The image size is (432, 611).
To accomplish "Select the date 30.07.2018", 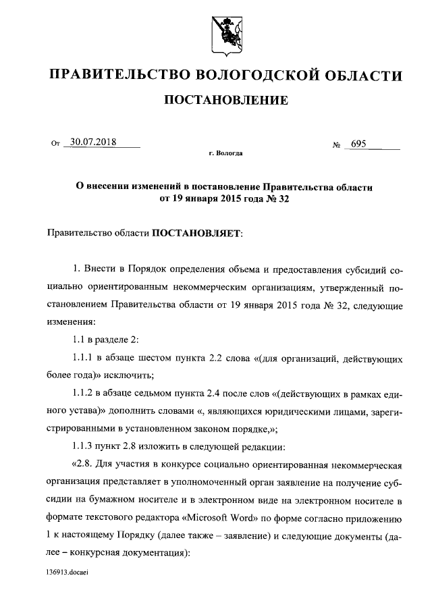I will (92, 142).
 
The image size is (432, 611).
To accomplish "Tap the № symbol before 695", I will (335, 144).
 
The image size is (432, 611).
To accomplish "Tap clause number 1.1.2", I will (84, 392).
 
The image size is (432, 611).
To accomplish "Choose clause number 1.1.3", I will (84, 447).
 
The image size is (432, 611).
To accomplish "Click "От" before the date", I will (55, 144).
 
